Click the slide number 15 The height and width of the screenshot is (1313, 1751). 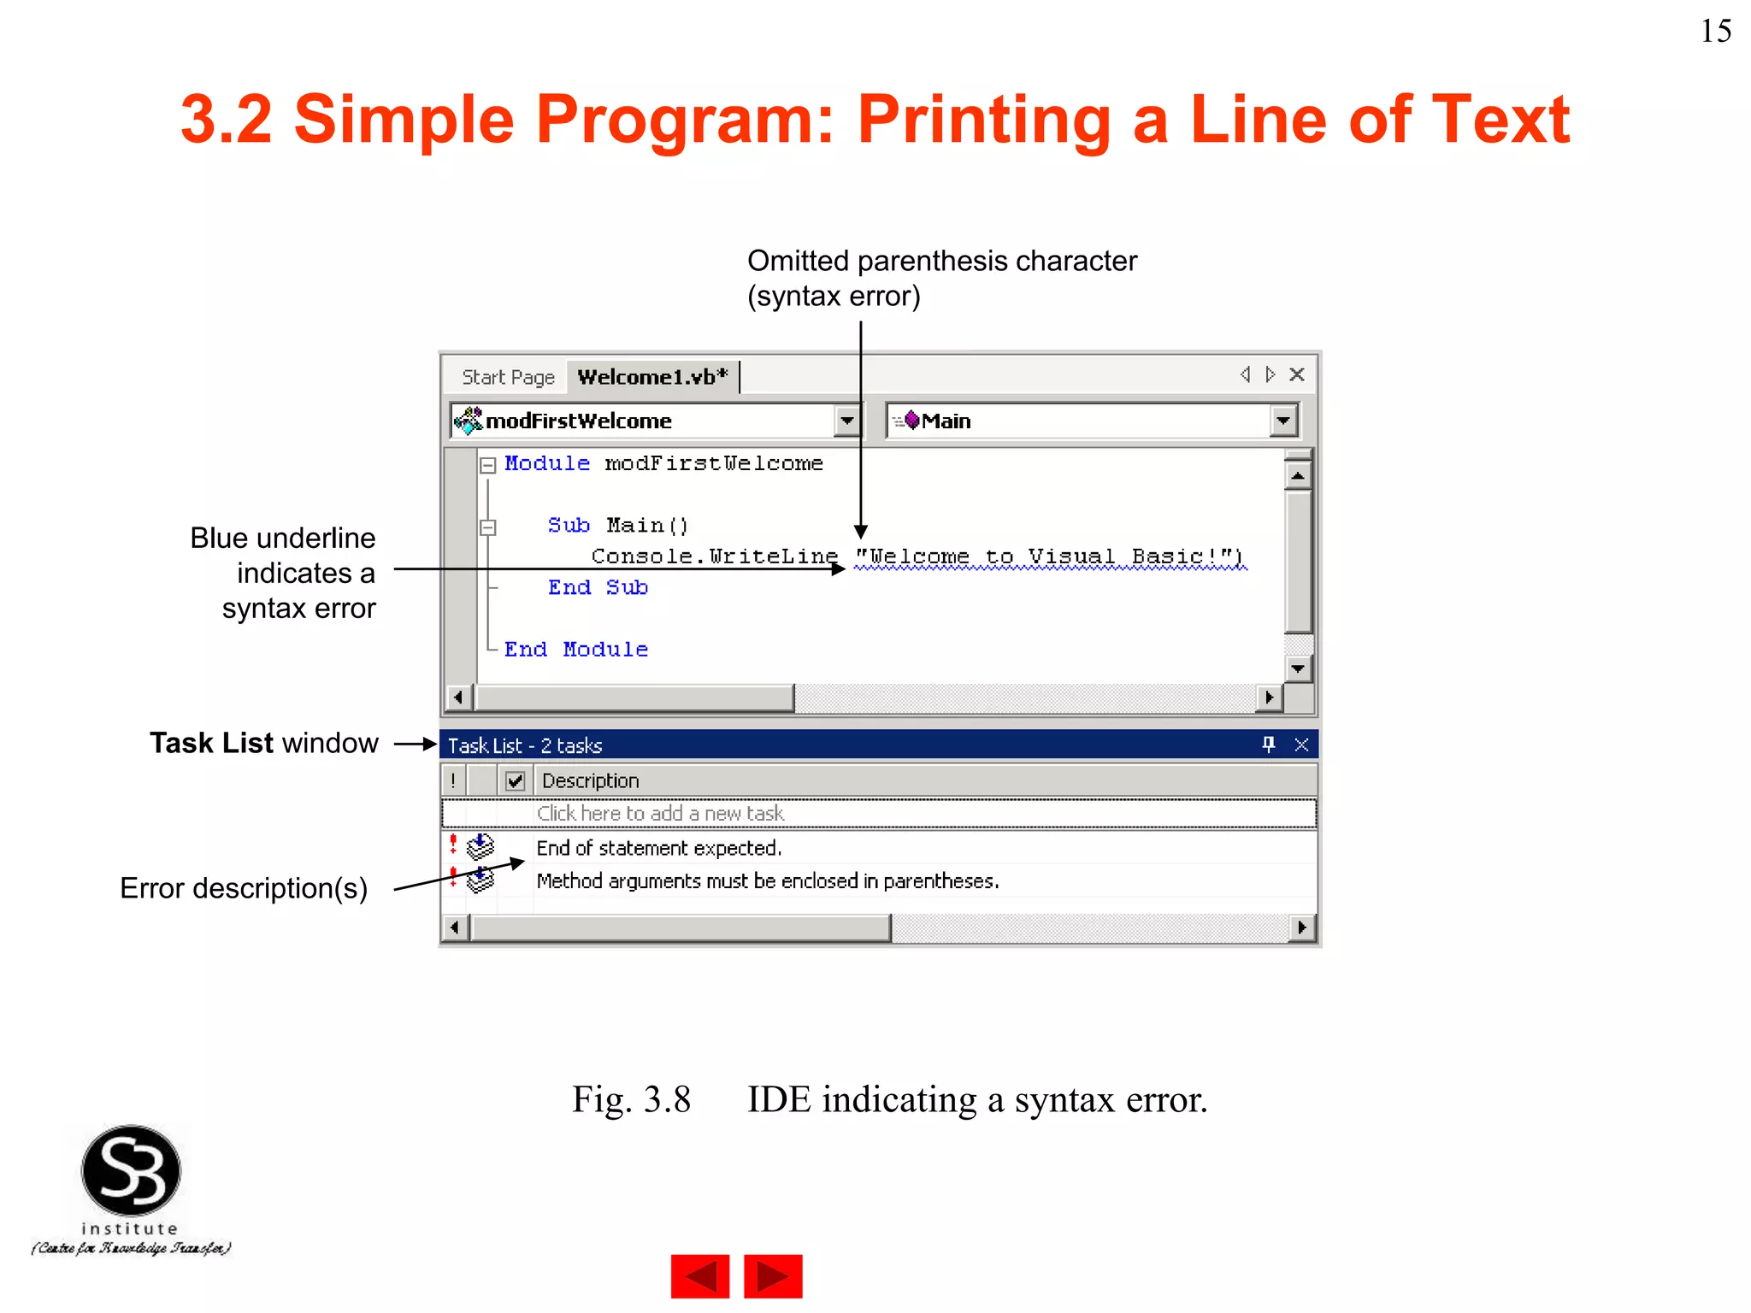[1715, 32]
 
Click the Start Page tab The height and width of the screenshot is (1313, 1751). [508, 377]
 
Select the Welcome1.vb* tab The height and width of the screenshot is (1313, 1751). [651, 377]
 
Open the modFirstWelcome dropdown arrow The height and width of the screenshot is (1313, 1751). [846, 421]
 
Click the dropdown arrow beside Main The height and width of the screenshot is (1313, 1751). [1282, 421]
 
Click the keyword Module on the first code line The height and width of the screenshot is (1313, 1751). [547, 463]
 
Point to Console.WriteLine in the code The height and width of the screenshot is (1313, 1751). [714, 556]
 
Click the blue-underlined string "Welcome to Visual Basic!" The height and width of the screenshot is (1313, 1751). [1050, 556]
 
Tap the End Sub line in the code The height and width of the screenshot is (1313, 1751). [598, 587]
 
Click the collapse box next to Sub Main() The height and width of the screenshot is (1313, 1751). [488, 527]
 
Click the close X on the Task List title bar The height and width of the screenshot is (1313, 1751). [1301, 745]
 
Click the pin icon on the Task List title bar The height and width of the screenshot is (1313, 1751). [1269, 745]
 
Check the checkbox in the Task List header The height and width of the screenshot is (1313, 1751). [515, 780]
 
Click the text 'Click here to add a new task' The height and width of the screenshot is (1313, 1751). [660, 813]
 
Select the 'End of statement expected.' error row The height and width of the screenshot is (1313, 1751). [658, 848]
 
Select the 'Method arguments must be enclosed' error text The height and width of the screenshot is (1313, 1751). [767, 881]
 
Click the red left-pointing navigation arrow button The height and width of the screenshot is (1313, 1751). [700, 1276]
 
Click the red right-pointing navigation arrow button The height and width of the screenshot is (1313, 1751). [773, 1276]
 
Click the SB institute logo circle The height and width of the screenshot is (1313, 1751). [131, 1171]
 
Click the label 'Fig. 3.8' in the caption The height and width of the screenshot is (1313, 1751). [631, 1099]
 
